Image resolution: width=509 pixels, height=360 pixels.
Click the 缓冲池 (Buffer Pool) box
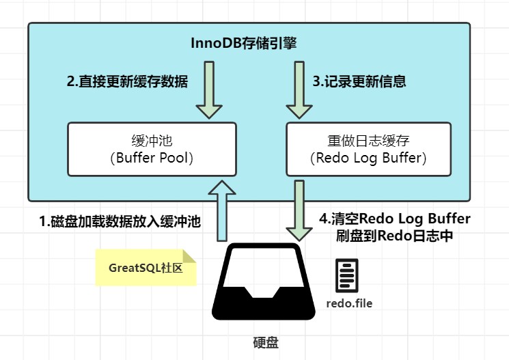pos(152,149)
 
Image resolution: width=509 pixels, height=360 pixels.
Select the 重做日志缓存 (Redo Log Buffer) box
pos(368,149)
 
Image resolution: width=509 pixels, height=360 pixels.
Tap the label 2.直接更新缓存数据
pos(127,81)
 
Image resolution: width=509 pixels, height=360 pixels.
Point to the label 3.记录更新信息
pos(359,81)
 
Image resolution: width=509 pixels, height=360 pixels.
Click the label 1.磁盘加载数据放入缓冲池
pos(120,221)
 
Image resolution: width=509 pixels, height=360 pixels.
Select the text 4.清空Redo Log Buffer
pos(395,219)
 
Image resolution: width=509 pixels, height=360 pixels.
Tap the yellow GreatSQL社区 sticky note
pos(145,268)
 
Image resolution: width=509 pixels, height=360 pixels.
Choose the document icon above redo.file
pos(346,276)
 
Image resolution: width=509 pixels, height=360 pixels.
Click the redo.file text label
pos(349,303)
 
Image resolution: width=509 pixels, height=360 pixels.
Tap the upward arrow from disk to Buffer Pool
pos(221,209)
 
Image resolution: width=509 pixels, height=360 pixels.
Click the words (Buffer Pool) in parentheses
pos(152,158)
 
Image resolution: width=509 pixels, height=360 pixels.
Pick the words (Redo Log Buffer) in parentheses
pos(368,158)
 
